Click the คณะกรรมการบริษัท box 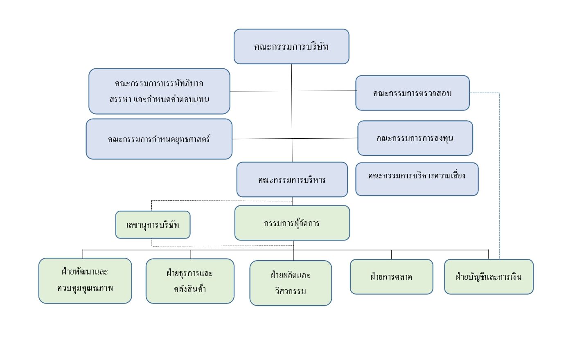291,47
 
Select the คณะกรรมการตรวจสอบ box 412,93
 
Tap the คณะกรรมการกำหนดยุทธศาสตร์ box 159,139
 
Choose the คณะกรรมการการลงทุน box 415,138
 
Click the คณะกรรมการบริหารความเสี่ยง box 417,179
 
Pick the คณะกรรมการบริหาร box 292,180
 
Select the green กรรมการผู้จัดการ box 292,223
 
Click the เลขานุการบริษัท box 153,225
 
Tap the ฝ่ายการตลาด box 391,277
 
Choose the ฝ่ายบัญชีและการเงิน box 489,277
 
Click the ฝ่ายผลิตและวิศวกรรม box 291,283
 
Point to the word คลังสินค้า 189,289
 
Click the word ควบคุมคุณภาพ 85,288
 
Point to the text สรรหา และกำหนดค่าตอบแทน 159,99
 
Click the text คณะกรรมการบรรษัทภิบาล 159,83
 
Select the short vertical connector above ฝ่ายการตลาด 391,254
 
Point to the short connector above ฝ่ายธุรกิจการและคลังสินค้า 191,254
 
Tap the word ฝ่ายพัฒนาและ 85,272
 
